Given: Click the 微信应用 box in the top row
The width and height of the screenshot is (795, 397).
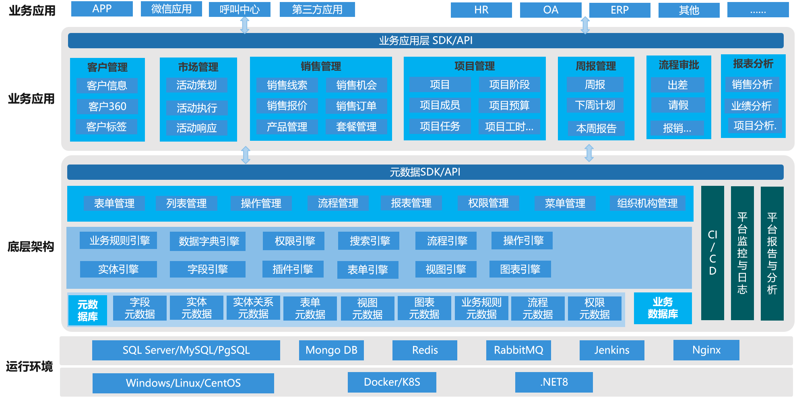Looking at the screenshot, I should [x=171, y=9].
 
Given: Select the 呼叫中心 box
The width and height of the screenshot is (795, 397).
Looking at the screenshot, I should [x=240, y=9].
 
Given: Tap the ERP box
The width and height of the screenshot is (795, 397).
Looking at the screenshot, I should [x=619, y=10].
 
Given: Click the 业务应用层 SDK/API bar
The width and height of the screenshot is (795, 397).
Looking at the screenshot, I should [x=425, y=41].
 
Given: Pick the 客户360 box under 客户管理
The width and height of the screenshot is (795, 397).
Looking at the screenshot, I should [x=107, y=107].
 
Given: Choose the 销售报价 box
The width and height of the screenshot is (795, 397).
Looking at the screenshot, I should [x=287, y=106].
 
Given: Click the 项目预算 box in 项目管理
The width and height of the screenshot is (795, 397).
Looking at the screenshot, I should [x=509, y=105].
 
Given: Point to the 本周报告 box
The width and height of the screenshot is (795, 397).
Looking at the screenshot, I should [x=596, y=128].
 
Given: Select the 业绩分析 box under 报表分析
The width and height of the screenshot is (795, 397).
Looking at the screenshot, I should [x=751, y=106].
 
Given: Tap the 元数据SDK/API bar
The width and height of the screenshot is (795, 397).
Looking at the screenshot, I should [x=425, y=172].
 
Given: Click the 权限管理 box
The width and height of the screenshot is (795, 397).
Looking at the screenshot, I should [x=488, y=203].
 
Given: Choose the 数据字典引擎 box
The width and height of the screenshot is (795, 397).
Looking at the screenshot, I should [x=208, y=241].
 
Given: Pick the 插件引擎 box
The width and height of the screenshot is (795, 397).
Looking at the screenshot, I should [x=293, y=269].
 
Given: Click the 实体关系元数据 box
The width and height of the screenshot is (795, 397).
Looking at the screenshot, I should [x=253, y=308].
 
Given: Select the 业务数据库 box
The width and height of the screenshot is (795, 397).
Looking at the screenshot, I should [x=663, y=308].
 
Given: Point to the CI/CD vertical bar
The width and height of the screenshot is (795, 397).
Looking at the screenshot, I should [x=712, y=253].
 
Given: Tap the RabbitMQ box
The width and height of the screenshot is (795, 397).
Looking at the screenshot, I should [x=518, y=350].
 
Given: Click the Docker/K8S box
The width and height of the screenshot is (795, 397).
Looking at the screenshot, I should [x=392, y=382].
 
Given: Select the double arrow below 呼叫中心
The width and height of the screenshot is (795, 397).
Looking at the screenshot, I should [x=245, y=25].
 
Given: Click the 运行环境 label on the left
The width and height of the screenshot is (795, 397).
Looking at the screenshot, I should [x=29, y=366].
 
